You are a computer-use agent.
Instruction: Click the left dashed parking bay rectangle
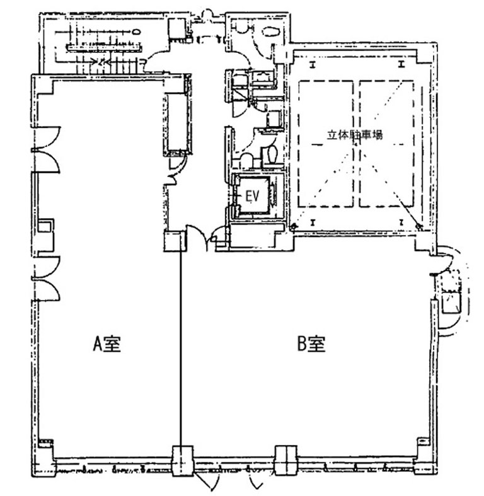pyautogui.click(x=325, y=145)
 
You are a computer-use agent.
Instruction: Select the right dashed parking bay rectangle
pyautogui.click(x=386, y=145)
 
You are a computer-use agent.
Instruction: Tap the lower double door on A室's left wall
pyautogui.click(x=46, y=278)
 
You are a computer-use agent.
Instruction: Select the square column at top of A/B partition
pyautogui.click(x=173, y=242)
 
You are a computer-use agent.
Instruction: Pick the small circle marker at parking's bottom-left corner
pyautogui.click(x=294, y=227)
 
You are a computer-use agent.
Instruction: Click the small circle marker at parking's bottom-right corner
pyautogui.click(x=418, y=227)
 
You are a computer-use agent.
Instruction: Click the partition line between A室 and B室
pyautogui.click(x=183, y=347)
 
